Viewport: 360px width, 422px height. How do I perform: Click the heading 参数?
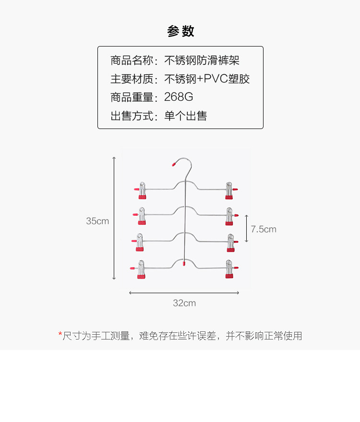[x=180, y=32]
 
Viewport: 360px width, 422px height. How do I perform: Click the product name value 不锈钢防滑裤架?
[x=202, y=60]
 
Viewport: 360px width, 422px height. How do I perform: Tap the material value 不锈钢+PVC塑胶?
[x=207, y=79]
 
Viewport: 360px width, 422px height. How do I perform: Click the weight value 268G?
[x=179, y=97]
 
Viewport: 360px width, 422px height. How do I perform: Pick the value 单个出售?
[x=185, y=116]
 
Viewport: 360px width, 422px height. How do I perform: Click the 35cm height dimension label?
[x=97, y=221]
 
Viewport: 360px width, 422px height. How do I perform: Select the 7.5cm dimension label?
[x=264, y=229]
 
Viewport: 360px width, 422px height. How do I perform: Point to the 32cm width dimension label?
[x=184, y=303]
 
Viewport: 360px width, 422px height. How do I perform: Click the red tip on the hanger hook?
[x=174, y=164]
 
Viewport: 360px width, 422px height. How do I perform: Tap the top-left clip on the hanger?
[x=142, y=190]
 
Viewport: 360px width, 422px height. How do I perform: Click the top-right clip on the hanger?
[x=229, y=190]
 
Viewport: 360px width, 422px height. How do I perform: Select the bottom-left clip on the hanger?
[x=141, y=270]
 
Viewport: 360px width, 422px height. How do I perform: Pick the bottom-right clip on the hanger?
[x=229, y=269]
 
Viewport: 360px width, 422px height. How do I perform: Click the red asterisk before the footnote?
[x=60, y=334]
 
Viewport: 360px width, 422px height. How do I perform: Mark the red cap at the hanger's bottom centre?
[x=185, y=263]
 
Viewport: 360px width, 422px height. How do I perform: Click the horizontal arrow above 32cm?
[x=184, y=293]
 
